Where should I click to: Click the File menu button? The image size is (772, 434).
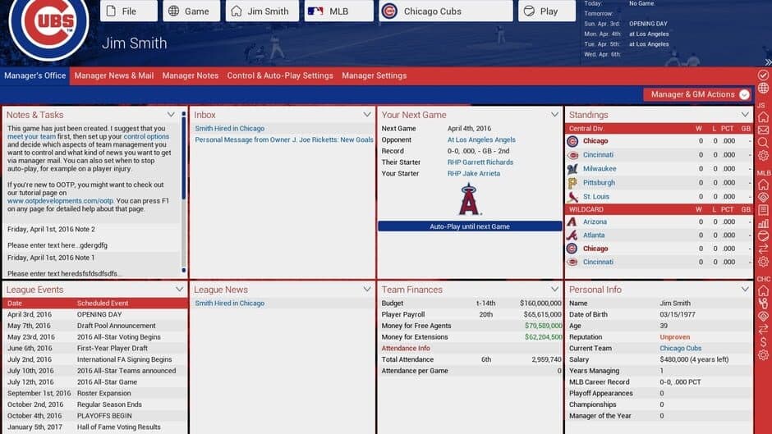128,11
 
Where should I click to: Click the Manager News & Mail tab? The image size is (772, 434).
113,75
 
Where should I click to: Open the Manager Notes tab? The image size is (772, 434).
191,75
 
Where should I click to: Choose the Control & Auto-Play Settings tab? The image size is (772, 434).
280,75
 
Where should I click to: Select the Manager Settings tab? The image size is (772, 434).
374,75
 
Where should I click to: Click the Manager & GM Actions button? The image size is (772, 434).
697,94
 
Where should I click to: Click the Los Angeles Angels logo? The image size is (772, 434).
470,200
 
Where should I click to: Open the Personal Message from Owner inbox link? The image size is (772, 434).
284,140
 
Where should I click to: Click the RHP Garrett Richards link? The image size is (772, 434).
480,162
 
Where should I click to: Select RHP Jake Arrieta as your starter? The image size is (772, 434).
475,174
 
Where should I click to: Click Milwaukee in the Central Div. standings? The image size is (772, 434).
600,169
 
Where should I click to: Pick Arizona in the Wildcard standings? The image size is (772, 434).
595,222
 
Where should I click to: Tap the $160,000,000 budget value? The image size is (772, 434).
540,304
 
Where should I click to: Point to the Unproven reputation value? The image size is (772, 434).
674,337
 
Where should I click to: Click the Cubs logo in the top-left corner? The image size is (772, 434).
49,27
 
